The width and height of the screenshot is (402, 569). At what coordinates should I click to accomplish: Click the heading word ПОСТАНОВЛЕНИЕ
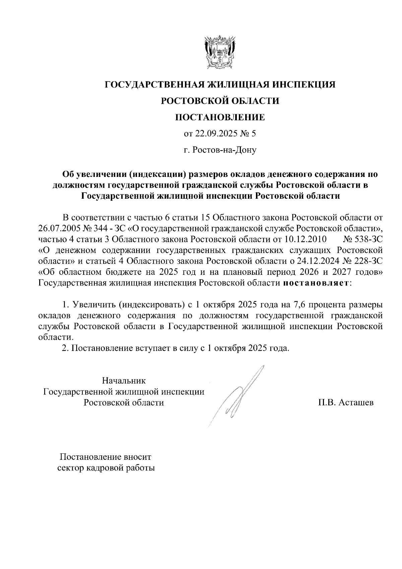(x=220, y=117)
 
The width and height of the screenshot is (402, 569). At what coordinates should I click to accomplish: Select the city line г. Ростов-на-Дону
(x=220, y=150)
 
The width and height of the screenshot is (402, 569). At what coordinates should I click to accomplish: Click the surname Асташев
(x=356, y=402)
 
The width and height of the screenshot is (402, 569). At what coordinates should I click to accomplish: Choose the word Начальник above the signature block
(x=124, y=381)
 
